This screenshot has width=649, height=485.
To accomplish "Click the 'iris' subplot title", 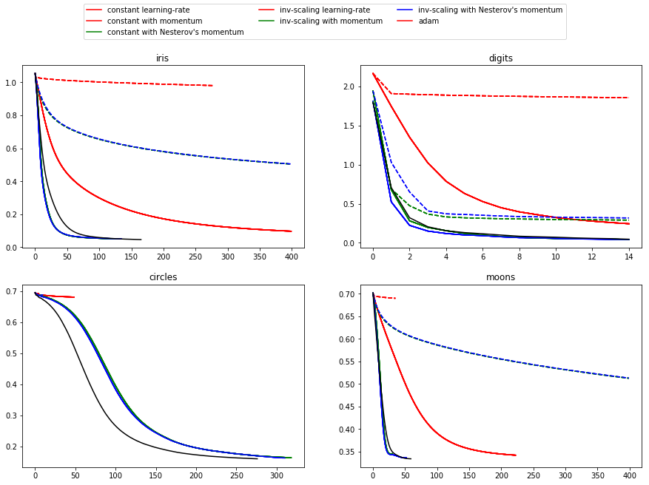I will pyautogui.click(x=162, y=58).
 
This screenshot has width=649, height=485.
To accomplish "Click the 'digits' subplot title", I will pyautogui.click(x=501, y=58).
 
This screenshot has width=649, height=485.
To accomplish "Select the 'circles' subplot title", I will pyautogui.click(x=162, y=277).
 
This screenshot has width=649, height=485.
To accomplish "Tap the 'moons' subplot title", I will pyautogui.click(x=501, y=277).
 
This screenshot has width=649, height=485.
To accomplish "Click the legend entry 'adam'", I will pyautogui.click(x=428, y=21).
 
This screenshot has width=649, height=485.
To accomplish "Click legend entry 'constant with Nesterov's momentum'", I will pyautogui.click(x=175, y=33).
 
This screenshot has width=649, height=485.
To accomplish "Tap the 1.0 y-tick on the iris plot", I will pyautogui.click(x=19, y=83).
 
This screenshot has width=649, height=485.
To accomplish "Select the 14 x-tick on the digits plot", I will pyautogui.click(x=629, y=257).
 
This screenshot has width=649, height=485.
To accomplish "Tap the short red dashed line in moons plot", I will pyautogui.click(x=385, y=297).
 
